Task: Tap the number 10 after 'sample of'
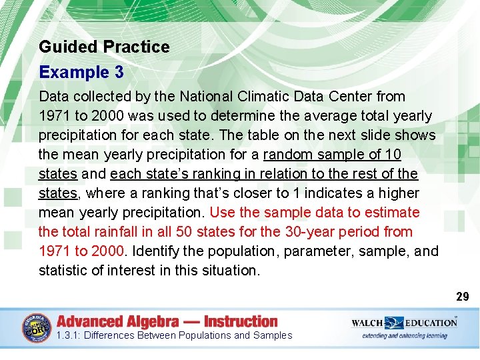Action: pos(393,155)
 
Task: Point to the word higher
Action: pos(397,193)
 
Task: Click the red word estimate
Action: pos(393,213)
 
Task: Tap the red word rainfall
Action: pos(117,232)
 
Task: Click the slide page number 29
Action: pos(463,297)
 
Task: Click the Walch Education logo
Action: pos(404,327)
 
